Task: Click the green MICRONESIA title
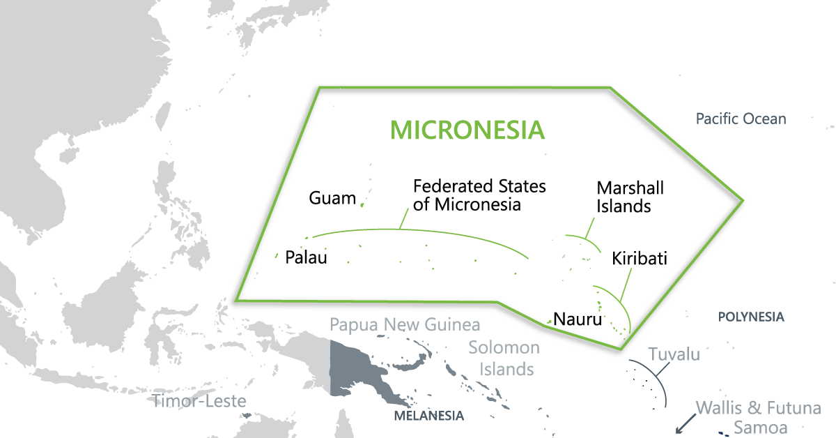467,130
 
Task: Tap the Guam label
332,199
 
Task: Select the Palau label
306,257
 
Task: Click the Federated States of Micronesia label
479,195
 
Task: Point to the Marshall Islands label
630,197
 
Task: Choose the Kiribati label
640,259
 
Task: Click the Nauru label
577,321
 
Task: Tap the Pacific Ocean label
741,119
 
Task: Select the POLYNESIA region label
751,317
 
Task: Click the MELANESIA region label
428,416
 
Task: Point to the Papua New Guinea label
405,325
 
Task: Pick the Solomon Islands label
504,358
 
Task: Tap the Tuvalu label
674,354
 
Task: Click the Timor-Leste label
199,401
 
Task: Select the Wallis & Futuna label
759,408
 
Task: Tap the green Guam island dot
362,204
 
